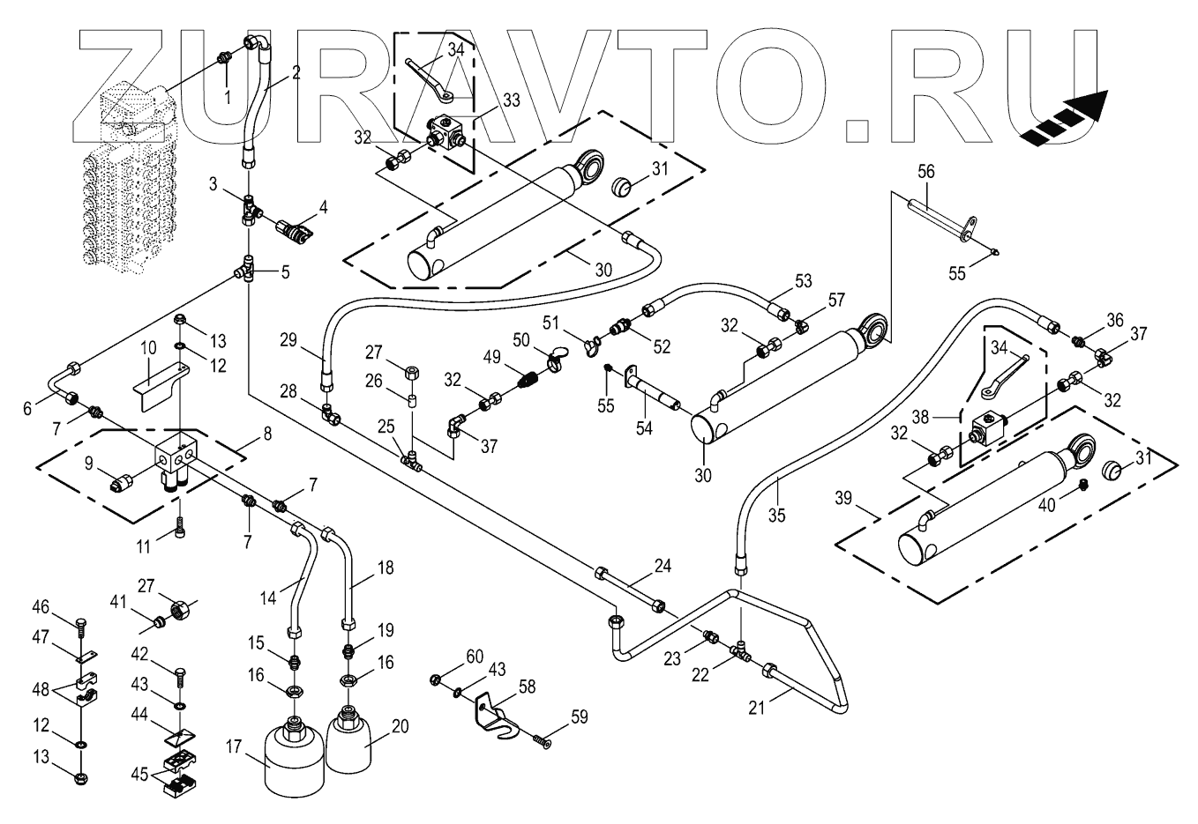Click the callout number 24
tap(663, 567)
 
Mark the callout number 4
tap(323, 208)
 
